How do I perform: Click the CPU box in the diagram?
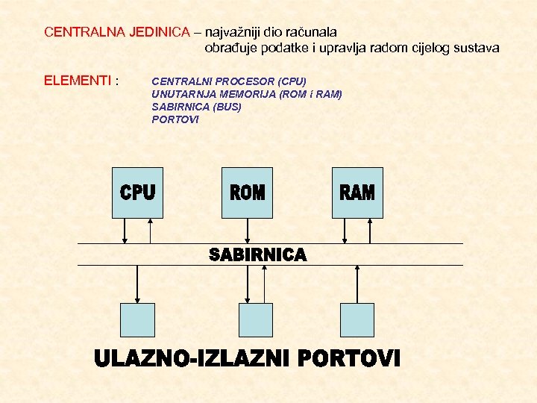pos(137,193)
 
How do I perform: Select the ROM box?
pos(247,193)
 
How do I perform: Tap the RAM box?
pos(357,193)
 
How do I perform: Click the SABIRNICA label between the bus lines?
pos(258,255)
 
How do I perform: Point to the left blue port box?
pos(137,320)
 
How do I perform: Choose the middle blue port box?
pos(255,320)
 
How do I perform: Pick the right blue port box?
pos(357,320)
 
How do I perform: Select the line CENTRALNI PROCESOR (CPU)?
pos(228,80)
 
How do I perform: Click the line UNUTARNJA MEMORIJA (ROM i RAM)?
pos(246,93)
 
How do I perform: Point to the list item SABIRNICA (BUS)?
pos(196,106)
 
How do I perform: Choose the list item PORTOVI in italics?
pos(175,119)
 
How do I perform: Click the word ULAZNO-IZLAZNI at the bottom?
pos(192,359)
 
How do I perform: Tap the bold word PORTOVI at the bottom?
pos(349,359)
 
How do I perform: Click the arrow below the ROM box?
pos(247,231)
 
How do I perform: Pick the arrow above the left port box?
pos(137,284)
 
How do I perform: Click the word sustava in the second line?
pos(477,48)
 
